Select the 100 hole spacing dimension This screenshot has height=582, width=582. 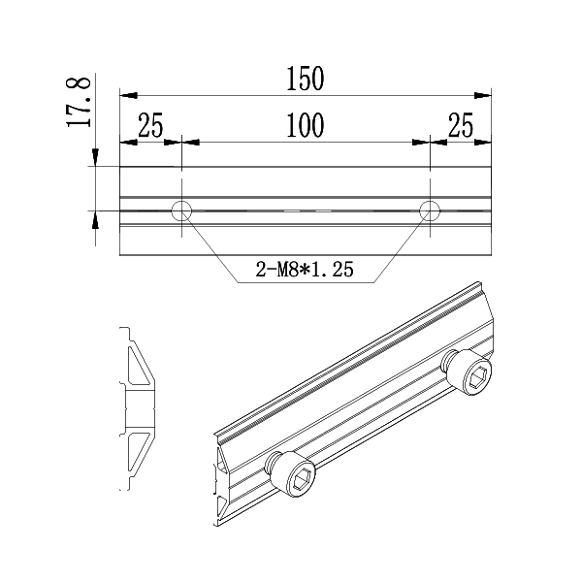tap(305, 126)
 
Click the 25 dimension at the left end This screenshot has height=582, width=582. tap(150, 126)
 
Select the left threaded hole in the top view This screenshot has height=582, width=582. tap(181, 210)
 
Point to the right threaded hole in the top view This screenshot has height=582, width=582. tap(430, 210)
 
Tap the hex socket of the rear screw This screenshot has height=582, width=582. tap(477, 379)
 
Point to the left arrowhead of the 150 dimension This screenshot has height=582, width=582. tap(126, 94)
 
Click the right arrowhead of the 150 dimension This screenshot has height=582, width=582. tap(486, 94)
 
